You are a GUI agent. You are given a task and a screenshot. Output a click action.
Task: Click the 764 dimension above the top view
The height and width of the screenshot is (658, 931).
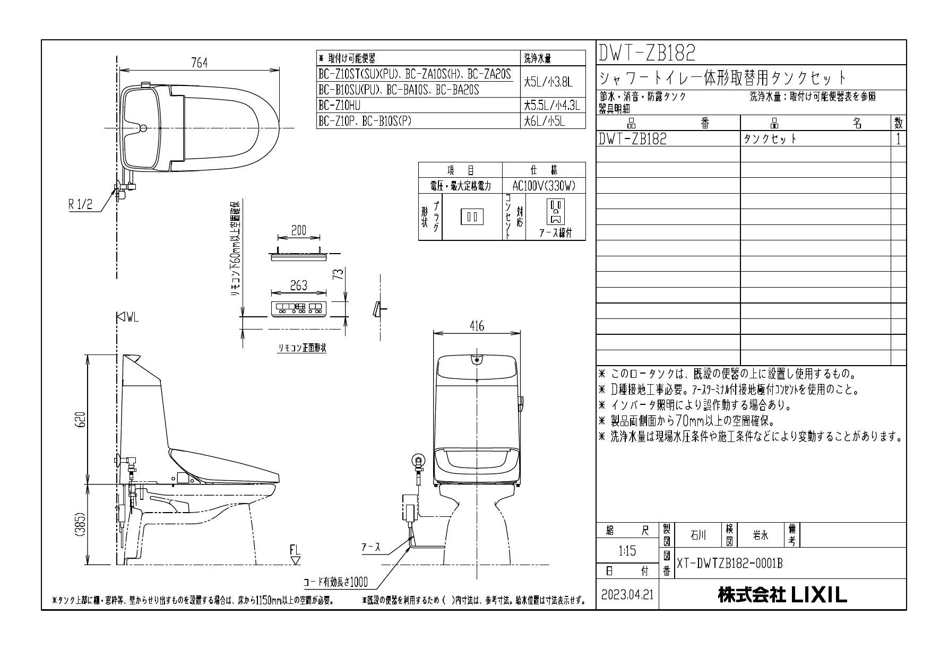point(199,63)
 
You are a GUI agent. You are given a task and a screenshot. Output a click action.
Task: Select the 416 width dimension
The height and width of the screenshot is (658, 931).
point(476,327)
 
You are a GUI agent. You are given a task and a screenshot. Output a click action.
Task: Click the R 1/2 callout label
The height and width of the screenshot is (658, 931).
point(81,205)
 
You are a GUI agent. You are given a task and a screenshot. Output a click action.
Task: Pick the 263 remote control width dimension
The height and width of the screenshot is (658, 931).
point(298,285)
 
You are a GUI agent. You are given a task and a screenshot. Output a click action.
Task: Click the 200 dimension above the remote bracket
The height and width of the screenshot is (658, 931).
point(298,230)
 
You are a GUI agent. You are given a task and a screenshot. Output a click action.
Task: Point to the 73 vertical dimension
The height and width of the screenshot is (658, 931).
point(336,275)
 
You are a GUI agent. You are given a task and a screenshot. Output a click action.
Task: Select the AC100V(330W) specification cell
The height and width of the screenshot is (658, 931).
point(544,186)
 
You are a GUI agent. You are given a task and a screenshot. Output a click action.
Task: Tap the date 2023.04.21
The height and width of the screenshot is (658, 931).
point(627,595)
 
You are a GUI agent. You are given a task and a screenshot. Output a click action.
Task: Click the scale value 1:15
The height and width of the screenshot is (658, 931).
point(627,551)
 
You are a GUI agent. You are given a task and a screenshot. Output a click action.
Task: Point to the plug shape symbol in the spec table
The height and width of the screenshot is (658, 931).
point(471,217)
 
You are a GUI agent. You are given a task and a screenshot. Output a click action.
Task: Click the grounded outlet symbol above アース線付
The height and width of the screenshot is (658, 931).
point(555,211)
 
